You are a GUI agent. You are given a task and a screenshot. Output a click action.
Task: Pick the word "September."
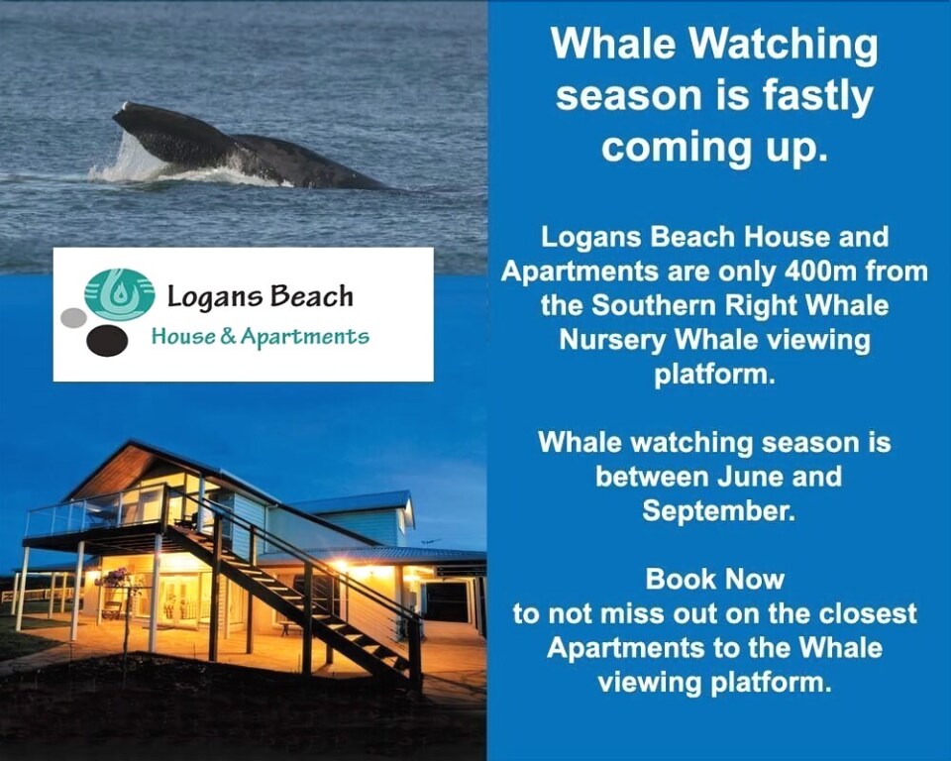click(718, 511)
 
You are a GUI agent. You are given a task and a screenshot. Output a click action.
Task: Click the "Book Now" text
click(714, 579)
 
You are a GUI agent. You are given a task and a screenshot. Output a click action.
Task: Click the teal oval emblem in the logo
click(120, 294)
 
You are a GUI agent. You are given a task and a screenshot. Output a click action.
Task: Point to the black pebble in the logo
click(107, 341)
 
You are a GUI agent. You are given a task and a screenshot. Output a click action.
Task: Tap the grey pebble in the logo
click(74, 317)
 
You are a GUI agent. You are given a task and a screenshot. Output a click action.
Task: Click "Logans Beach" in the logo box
click(260, 296)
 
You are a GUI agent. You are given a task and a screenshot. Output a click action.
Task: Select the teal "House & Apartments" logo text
click(260, 336)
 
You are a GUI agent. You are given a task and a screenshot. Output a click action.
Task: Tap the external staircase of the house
click(296, 596)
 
